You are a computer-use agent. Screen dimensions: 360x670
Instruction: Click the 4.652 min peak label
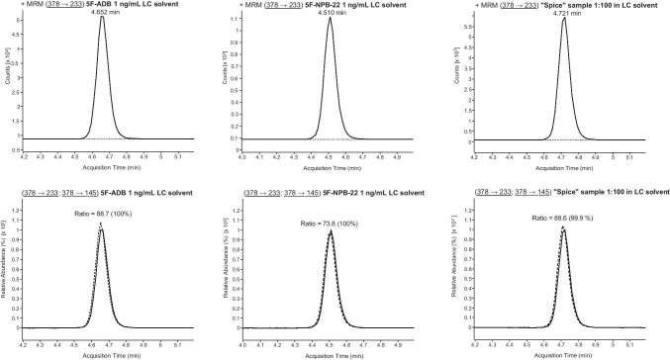(x=102, y=11)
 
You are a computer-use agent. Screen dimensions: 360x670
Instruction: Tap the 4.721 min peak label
(x=564, y=12)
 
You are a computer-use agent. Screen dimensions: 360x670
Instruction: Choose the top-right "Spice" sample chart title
(x=564, y=3)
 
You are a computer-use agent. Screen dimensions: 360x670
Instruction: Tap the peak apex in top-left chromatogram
(x=102, y=17)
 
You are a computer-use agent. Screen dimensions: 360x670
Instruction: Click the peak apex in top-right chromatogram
(x=564, y=18)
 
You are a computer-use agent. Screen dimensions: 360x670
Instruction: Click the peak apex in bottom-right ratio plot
(x=563, y=226)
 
